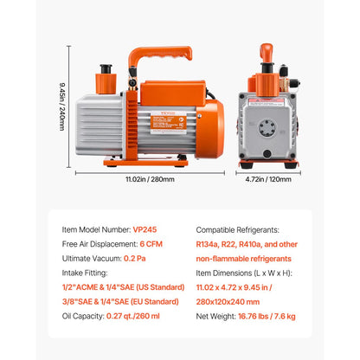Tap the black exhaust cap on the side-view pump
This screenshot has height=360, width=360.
(106, 70)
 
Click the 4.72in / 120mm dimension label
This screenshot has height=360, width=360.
(267, 179)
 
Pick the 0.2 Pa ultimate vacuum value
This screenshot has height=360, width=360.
(135, 259)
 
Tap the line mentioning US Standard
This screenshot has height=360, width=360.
(120, 287)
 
